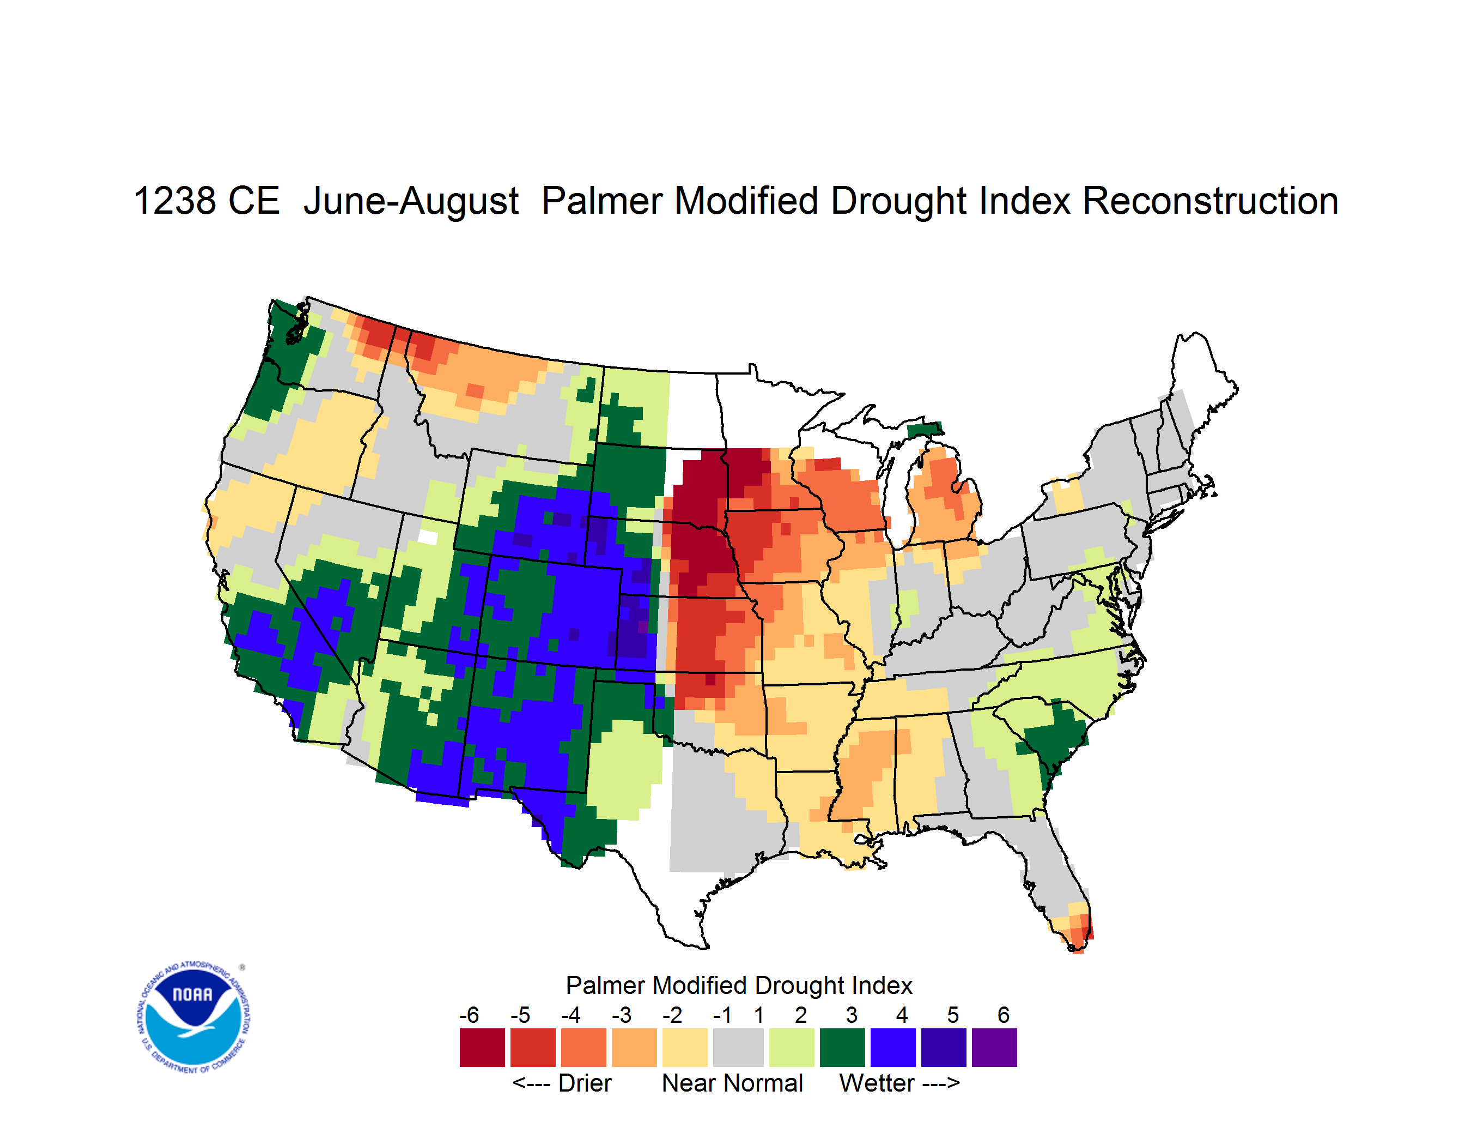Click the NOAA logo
193,1017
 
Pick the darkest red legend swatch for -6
482,1047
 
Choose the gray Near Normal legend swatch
738,1047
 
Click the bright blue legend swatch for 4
893,1047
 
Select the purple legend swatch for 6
994,1047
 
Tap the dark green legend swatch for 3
843,1047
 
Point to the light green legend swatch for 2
792,1047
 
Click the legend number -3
622,1015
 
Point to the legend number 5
953,1015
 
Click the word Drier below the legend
585,1083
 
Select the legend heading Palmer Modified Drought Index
739,985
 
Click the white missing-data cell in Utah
428,537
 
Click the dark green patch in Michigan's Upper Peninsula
924,429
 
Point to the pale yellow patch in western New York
1067,497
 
